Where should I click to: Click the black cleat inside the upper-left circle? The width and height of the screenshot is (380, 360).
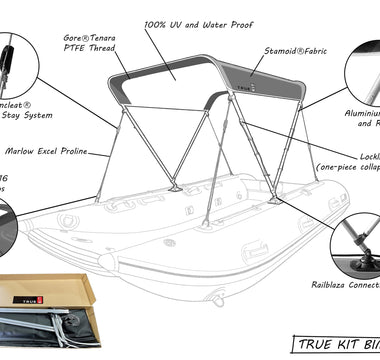(x=8, y=50)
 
